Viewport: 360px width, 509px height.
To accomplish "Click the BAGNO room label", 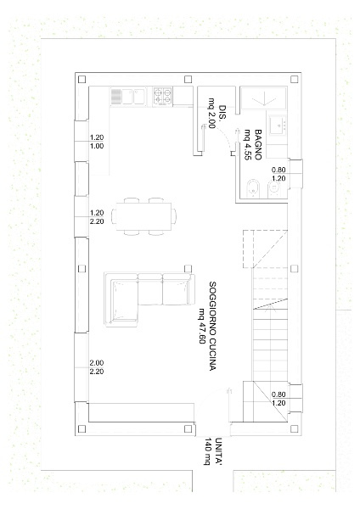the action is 258,145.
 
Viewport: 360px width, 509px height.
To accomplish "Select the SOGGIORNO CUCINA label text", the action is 212,326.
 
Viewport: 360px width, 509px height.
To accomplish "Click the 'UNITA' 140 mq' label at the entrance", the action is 213,451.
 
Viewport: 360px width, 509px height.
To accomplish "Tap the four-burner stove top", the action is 162,96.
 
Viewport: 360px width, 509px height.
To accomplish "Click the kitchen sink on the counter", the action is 128,97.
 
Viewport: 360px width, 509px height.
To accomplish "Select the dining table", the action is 143,215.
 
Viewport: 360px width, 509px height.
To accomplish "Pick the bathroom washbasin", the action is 277,125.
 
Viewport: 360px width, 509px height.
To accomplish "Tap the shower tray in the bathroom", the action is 264,98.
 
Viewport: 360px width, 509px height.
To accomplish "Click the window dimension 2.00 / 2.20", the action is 97,367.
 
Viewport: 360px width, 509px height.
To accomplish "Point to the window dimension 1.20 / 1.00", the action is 97,142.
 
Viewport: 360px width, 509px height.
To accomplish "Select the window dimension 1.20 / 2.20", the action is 97,217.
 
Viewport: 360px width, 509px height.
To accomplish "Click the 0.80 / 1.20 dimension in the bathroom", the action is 278,174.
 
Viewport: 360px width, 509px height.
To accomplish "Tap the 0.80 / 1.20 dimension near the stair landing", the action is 278,399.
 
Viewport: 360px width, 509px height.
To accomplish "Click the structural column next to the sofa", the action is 188,268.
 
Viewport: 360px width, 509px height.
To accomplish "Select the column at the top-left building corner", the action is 82,79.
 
